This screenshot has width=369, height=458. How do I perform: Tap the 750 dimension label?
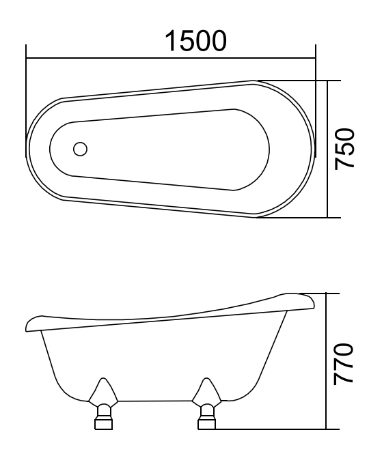346,148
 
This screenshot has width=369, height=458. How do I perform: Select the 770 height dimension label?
346,364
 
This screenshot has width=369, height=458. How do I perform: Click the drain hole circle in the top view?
80,148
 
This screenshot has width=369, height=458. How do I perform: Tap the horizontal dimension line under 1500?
171,57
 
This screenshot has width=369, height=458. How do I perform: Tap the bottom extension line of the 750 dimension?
301,218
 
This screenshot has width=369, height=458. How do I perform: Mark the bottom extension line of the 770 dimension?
273,429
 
